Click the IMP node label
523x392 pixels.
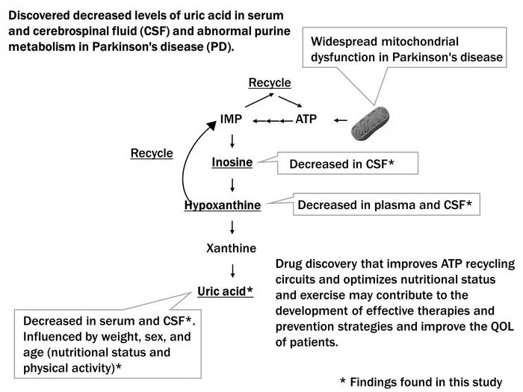click(x=231, y=119)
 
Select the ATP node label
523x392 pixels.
click(x=306, y=119)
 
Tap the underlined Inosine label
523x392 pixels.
click(x=232, y=161)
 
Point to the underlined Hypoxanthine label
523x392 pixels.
click(x=223, y=205)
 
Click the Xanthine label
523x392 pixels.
click(x=231, y=248)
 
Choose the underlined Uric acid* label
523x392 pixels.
click(x=225, y=290)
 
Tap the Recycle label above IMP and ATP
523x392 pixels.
click(x=270, y=82)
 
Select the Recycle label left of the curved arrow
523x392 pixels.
click(x=152, y=153)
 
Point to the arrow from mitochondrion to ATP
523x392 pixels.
click(x=341, y=119)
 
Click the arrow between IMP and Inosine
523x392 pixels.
click(x=233, y=140)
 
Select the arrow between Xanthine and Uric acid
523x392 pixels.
click(x=233, y=270)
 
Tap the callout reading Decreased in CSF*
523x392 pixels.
click(x=341, y=164)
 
